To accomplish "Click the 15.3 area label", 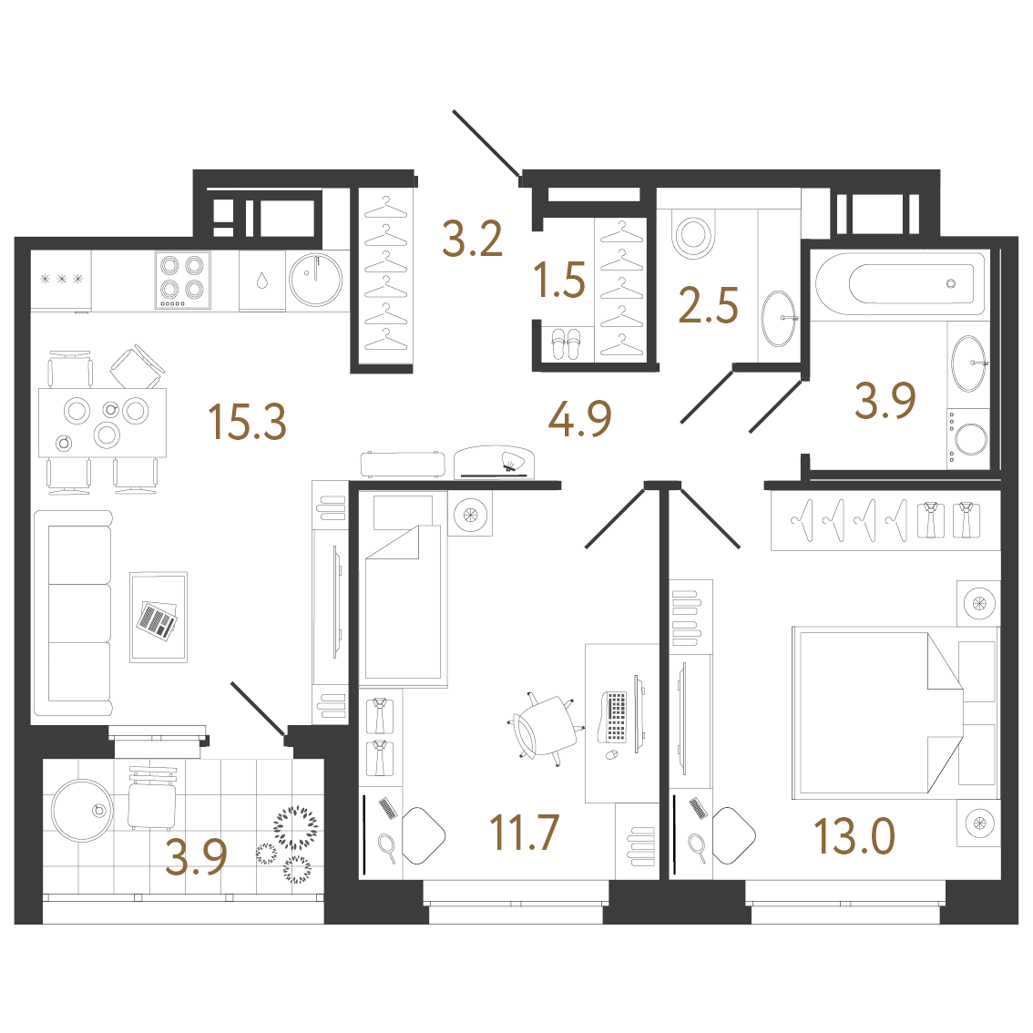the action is (247, 422).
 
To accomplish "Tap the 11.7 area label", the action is (525, 833).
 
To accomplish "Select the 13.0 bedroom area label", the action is (854, 836).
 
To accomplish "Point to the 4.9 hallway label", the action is (579, 418).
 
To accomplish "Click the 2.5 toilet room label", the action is (708, 305).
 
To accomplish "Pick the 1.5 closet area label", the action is (559, 280).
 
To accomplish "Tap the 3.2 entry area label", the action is (473, 239).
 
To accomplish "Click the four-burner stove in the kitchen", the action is (183, 280).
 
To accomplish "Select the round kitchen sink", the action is (315, 280).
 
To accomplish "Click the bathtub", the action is (900, 284).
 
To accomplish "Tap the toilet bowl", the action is (694, 234).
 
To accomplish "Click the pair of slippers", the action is (566, 344).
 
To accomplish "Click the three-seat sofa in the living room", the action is (74, 613).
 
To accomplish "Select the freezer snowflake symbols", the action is (61, 280).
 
